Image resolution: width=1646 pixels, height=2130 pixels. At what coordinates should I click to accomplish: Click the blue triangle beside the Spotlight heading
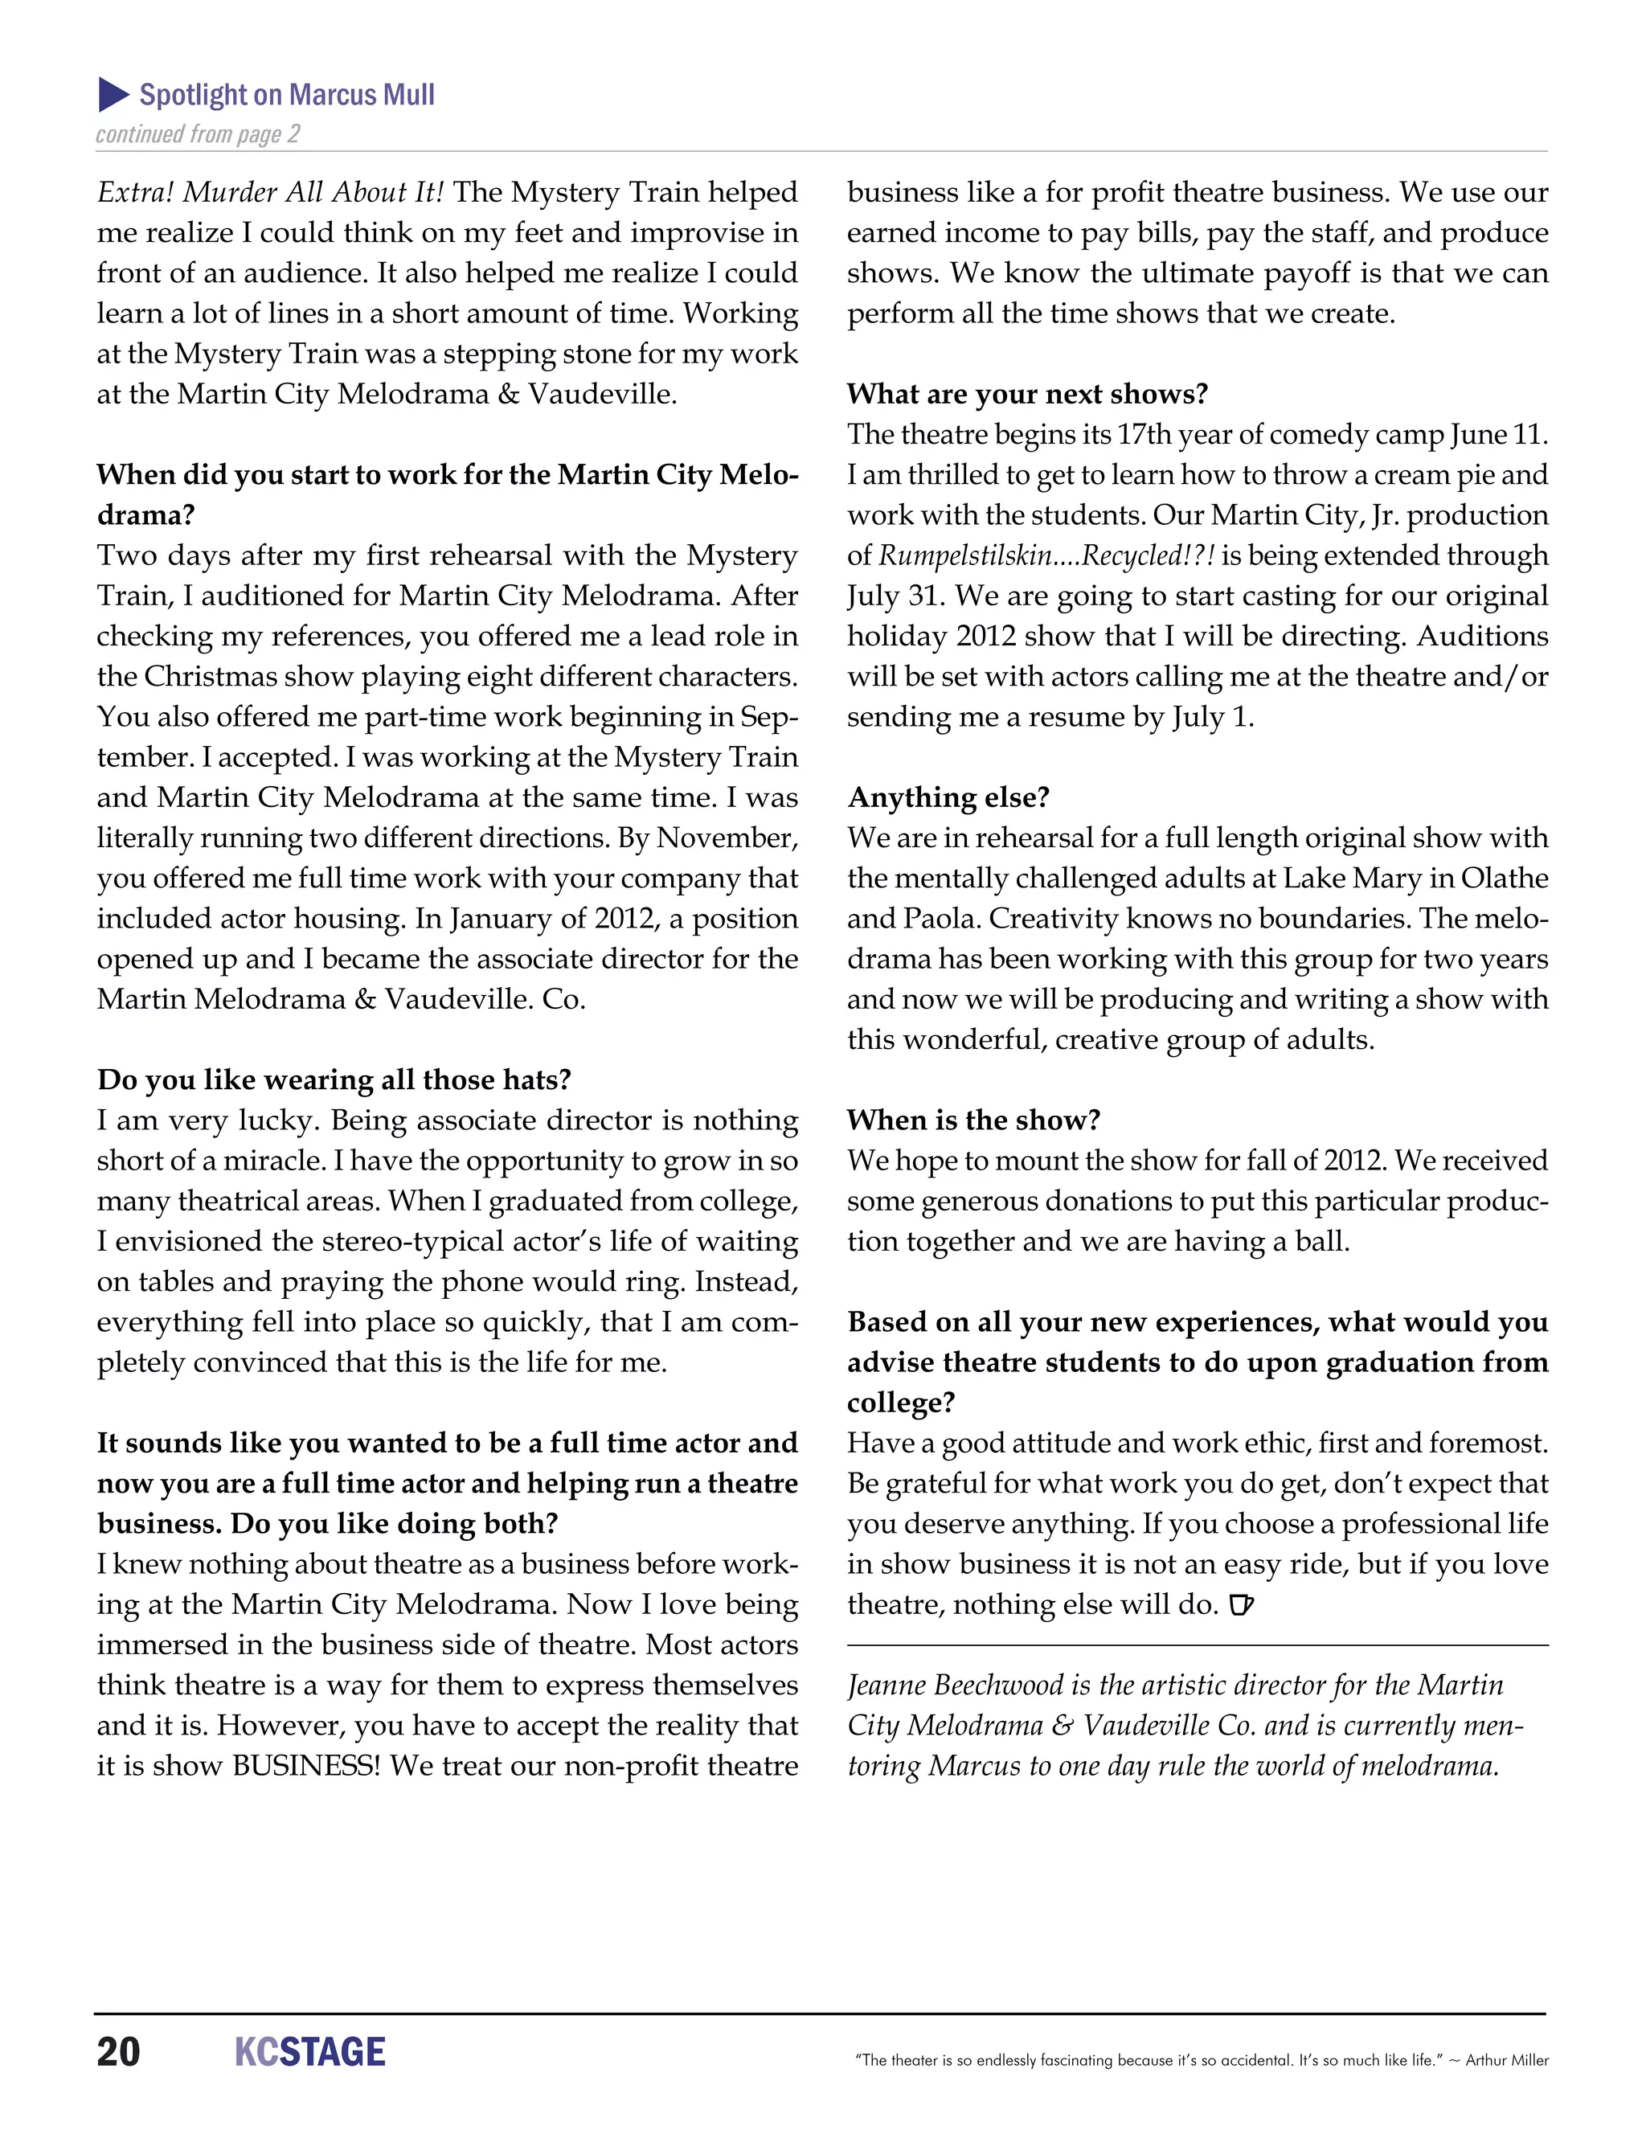click(x=113, y=95)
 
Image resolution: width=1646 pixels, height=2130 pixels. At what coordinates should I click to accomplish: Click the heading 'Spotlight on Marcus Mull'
click(x=287, y=95)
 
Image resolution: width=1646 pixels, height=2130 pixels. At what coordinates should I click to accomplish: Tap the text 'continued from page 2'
click(x=198, y=133)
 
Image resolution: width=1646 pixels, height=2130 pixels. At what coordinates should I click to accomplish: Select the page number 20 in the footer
click(x=118, y=2052)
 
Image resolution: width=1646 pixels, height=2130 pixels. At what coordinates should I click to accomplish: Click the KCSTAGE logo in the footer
click(x=310, y=2052)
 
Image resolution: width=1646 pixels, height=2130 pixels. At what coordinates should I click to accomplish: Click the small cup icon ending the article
click(x=1240, y=1604)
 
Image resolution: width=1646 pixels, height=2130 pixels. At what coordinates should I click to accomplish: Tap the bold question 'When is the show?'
click(x=973, y=1120)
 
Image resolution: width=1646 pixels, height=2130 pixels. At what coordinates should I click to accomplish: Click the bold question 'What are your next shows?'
click(x=1027, y=394)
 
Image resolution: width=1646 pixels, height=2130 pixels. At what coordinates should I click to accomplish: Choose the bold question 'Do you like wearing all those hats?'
click(x=334, y=1079)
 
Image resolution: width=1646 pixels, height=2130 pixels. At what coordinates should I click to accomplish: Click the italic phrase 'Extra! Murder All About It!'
click(x=270, y=192)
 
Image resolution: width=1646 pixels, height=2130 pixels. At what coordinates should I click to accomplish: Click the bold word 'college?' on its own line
click(x=900, y=1403)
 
